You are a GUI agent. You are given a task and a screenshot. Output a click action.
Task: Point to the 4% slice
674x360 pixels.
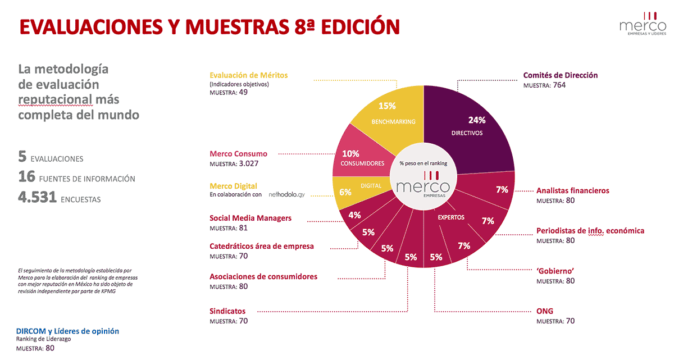tap(354, 215)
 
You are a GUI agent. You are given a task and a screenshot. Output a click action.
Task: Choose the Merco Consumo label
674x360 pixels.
tap(238, 153)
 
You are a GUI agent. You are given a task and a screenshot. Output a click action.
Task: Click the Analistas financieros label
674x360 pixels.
tap(572, 190)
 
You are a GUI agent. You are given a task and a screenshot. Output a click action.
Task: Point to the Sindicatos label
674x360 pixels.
tap(227, 311)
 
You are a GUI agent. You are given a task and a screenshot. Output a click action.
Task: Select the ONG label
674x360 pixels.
tap(545, 311)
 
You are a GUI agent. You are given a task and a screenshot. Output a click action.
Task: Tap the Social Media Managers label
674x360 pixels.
tap(251, 218)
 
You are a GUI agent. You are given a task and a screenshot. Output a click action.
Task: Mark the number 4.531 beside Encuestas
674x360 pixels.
tap(37, 198)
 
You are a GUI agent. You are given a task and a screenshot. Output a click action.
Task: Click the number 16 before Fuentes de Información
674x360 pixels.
tap(27, 177)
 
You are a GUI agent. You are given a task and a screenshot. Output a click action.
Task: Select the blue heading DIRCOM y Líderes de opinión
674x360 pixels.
tap(67, 331)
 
